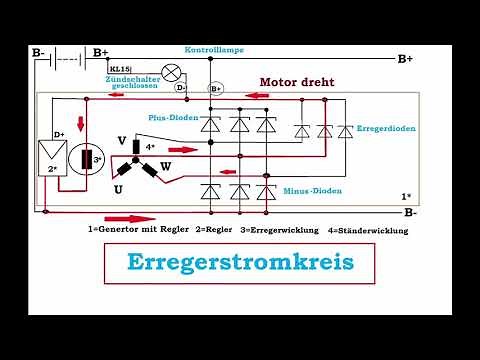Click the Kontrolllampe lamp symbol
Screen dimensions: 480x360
tap(171, 72)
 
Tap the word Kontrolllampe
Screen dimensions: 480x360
tap(215, 48)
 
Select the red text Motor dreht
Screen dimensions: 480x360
tap(297, 82)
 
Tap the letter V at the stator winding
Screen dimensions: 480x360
tap(121, 141)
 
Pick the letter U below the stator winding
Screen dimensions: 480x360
tap(118, 188)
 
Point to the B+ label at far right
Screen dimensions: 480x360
tap(404, 59)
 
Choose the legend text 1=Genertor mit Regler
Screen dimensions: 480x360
tap(143, 229)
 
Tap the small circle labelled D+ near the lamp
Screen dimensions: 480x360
tap(181, 88)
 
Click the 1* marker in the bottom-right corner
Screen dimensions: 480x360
tap(405, 197)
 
